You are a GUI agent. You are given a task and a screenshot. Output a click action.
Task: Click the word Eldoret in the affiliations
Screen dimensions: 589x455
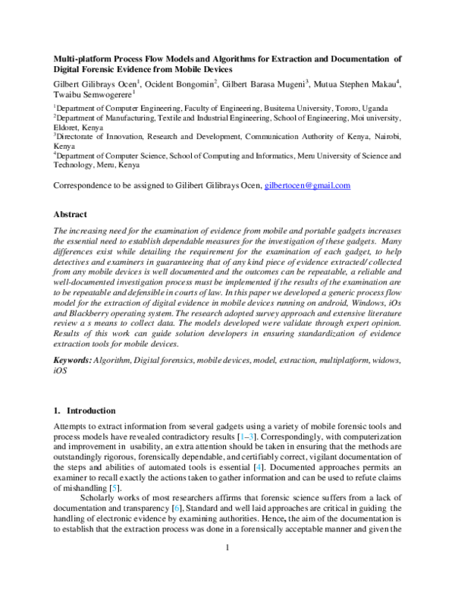click(67, 128)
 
